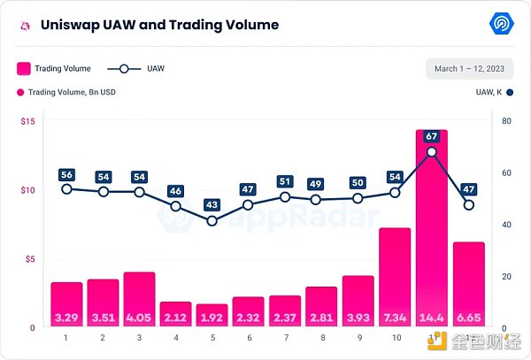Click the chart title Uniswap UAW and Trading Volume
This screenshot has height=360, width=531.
[159, 25]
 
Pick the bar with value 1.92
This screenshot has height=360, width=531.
[212, 314]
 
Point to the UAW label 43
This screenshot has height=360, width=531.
[212, 204]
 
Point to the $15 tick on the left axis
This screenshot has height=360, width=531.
[28, 121]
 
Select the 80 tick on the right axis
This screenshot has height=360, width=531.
[506, 121]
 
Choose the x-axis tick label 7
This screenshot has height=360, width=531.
[285, 337]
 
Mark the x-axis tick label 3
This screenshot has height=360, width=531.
[139, 337]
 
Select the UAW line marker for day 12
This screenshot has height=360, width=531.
[468, 205]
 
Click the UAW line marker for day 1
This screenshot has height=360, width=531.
[66, 188]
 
